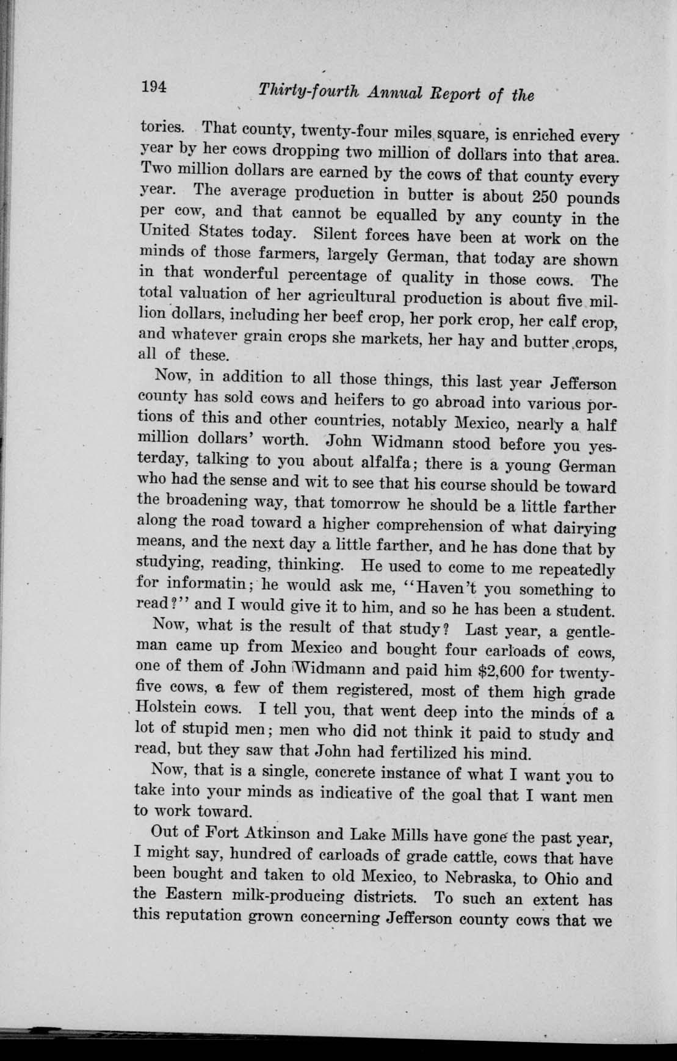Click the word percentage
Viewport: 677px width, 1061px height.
pyautogui.click(x=317, y=276)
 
